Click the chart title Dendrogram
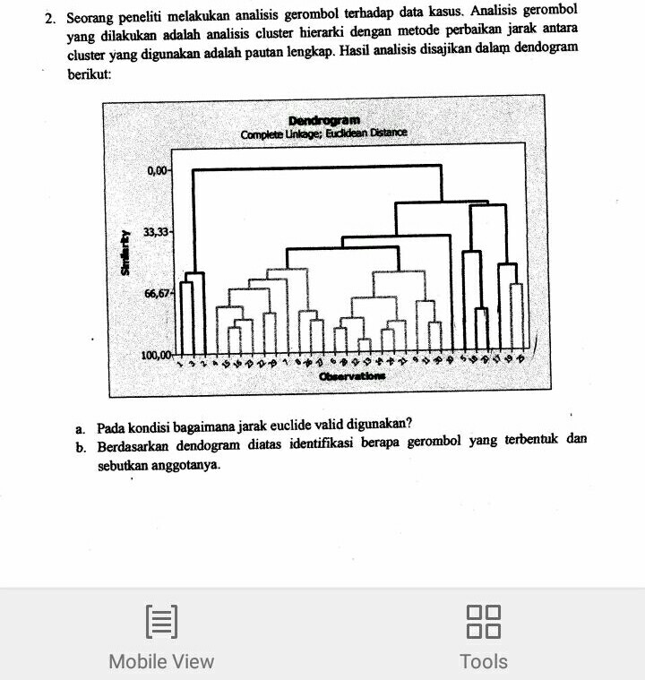point(324,120)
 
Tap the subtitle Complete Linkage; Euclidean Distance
point(323,133)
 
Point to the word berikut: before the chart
point(89,75)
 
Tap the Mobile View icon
point(161,621)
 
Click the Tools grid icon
point(484,621)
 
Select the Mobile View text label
point(161,661)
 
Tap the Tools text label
point(484,661)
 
